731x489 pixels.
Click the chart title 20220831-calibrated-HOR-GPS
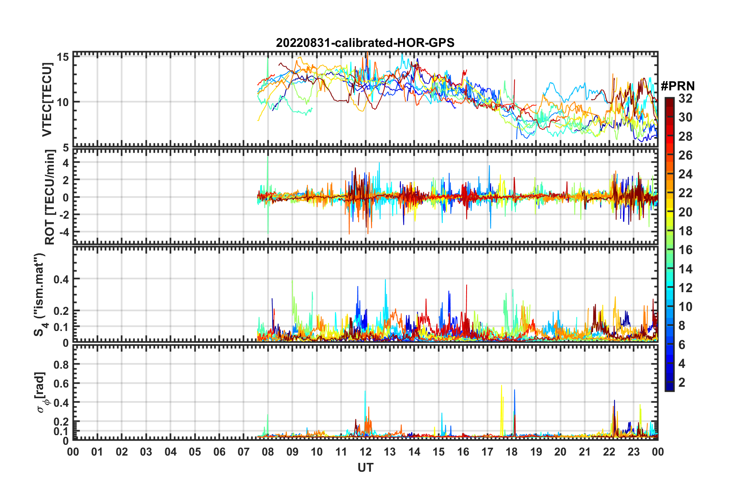click(365, 43)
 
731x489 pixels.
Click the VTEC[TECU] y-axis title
click(47, 100)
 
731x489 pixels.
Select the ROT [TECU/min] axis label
click(50, 197)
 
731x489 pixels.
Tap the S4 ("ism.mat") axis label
click(40, 294)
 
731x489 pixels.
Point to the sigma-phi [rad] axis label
click(41, 392)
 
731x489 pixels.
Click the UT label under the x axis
click(365, 467)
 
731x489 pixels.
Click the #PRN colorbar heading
click(678, 86)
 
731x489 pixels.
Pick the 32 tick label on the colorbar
click(685, 98)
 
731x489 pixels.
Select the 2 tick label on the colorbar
click(682, 383)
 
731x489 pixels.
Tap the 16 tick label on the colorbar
click(685, 250)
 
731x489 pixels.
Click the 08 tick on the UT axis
click(268, 452)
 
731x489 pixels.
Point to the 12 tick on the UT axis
click(365, 452)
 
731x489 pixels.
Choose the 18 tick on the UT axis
click(512, 452)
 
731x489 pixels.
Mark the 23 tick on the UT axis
click(633, 452)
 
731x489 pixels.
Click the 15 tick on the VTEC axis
click(63, 57)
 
